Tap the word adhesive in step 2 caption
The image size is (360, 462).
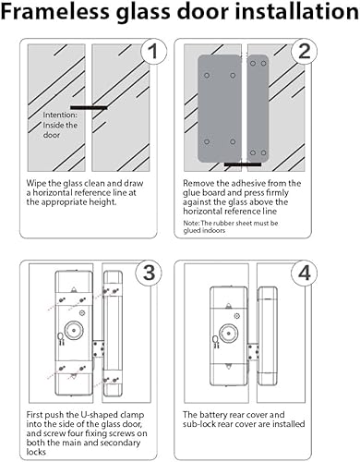click(258, 183)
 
